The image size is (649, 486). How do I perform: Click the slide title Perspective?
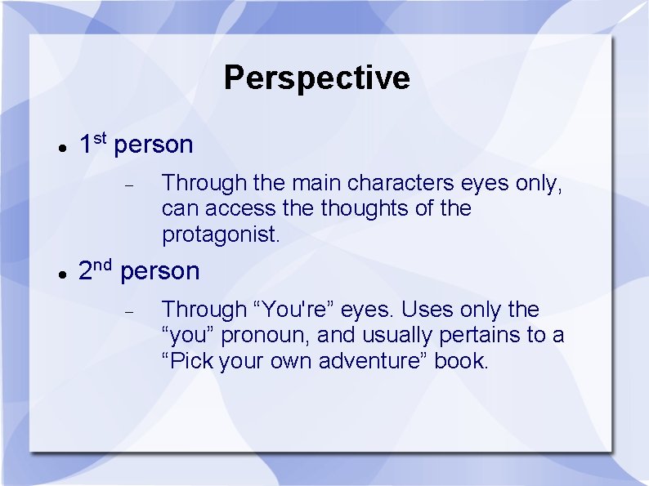(316, 78)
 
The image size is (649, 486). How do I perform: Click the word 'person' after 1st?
(154, 145)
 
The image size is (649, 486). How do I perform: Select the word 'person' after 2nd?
(160, 271)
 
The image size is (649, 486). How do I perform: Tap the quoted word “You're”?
(293, 310)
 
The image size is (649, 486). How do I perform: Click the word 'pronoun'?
(266, 336)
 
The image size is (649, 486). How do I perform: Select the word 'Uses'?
(427, 310)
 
